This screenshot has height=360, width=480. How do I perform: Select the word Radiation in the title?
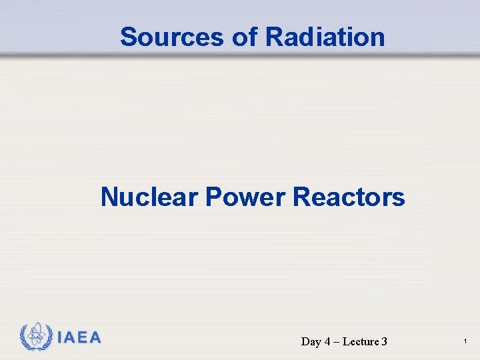pyautogui.click(x=325, y=37)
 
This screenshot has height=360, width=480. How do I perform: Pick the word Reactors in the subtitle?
pyautogui.click(x=349, y=197)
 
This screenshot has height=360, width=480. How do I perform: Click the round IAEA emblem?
pyautogui.click(x=36, y=337)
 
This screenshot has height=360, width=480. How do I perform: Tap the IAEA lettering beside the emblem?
pyautogui.click(x=79, y=337)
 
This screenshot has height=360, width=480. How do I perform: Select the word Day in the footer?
pyautogui.click(x=311, y=342)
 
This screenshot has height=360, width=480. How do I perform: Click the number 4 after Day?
pyautogui.click(x=328, y=342)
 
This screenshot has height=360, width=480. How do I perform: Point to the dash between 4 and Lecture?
pyautogui.click(x=337, y=342)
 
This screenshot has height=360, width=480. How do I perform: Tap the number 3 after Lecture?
pyautogui.click(x=385, y=342)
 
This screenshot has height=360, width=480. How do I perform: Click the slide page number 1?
pyautogui.click(x=465, y=342)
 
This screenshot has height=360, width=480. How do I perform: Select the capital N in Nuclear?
pyautogui.click(x=109, y=197)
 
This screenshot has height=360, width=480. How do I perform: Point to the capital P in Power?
pyautogui.click(x=213, y=197)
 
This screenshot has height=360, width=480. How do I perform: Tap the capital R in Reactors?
pyautogui.click(x=301, y=197)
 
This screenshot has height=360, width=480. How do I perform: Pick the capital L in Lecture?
pyautogui.click(x=346, y=342)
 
